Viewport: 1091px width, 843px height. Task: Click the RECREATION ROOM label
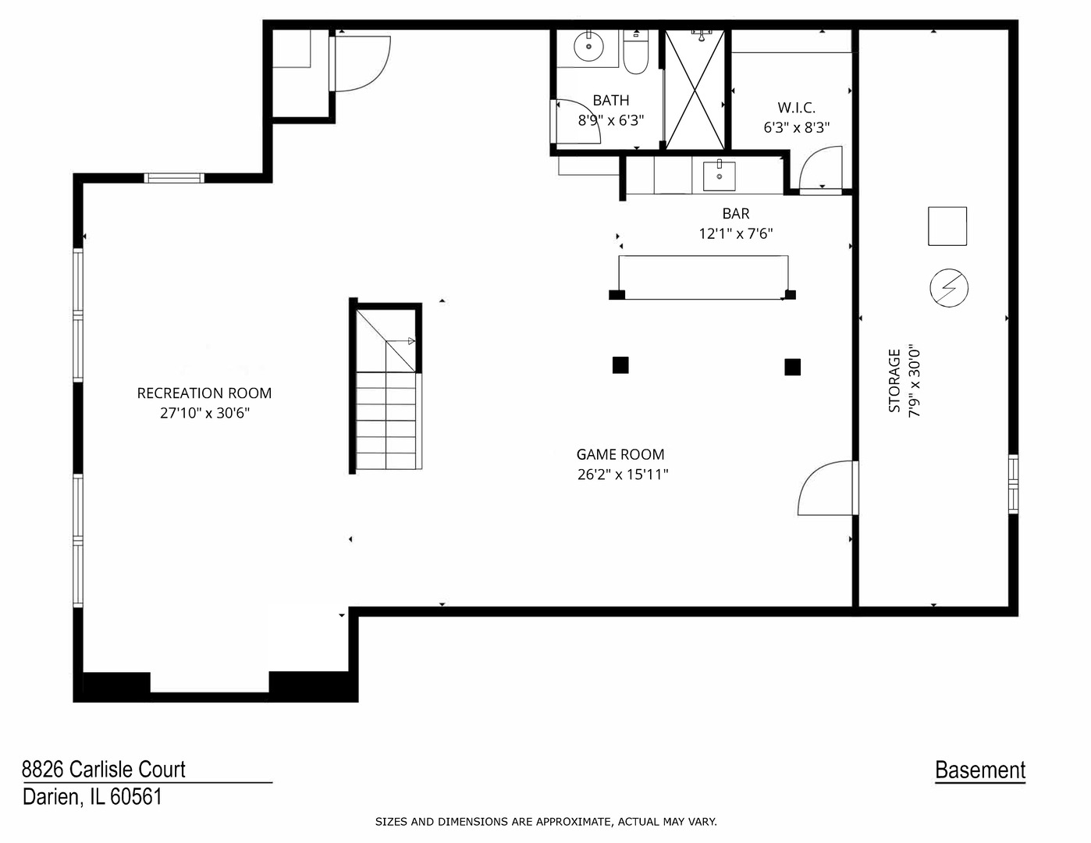[204, 393]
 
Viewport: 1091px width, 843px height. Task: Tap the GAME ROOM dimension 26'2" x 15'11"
[623, 474]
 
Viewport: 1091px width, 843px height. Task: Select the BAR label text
[736, 213]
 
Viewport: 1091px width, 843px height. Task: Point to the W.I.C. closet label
[796, 108]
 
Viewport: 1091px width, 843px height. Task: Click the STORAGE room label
[895, 380]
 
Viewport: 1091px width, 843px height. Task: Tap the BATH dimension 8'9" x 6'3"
[610, 120]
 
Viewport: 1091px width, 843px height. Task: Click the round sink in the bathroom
[588, 47]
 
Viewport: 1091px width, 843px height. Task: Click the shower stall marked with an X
[695, 88]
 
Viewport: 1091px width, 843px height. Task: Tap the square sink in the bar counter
[719, 176]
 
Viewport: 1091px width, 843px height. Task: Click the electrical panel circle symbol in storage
[948, 288]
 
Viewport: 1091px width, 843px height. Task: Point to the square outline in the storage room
[947, 226]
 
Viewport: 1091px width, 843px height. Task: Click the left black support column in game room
[620, 365]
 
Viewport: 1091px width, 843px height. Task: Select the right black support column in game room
[792, 366]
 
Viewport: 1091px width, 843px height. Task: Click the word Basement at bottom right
[980, 770]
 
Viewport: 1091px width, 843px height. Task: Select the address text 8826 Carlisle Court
[104, 769]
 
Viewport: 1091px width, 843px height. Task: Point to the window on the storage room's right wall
[1013, 484]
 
